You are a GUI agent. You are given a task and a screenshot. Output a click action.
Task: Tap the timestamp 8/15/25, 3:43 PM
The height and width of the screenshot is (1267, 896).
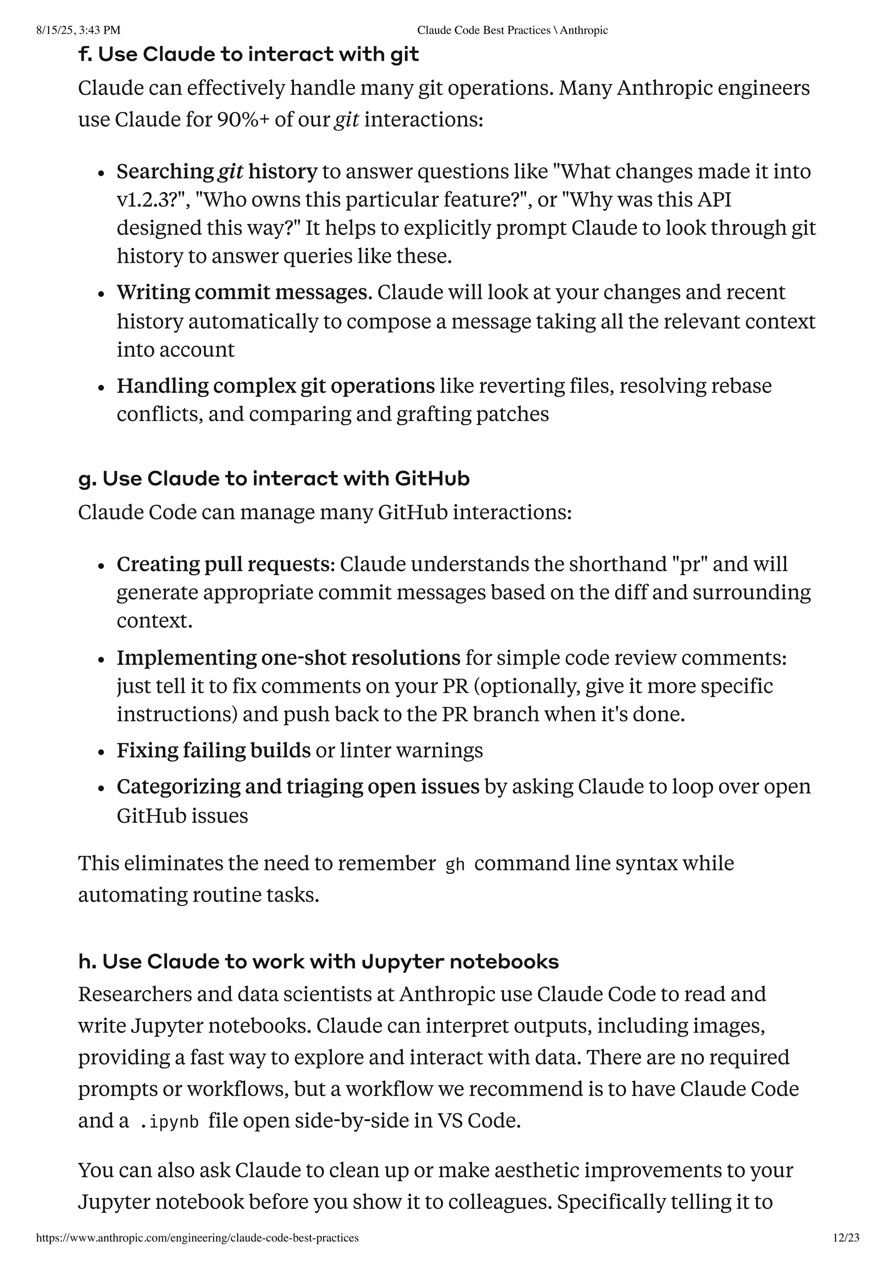pyautogui.click(x=78, y=30)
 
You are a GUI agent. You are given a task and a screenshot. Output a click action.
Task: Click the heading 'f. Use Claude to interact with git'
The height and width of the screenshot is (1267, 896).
pyautogui.click(x=248, y=55)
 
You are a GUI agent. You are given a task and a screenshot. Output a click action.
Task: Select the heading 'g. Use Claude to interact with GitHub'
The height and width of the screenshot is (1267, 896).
pyautogui.click(x=274, y=478)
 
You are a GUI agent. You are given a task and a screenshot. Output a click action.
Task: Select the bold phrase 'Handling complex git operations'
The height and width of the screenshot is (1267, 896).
pyautogui.click(x=276, y=386)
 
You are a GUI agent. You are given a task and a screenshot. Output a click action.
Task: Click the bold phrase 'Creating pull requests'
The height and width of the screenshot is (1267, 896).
pyautogui.click(x=225, y=564)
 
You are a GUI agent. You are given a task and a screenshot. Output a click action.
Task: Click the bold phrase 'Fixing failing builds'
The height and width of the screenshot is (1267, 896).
pyautogui.click(x=213, y=751)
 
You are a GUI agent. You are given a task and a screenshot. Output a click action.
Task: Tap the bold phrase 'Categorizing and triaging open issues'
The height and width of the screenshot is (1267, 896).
pyautogui.click(x=297, y=787)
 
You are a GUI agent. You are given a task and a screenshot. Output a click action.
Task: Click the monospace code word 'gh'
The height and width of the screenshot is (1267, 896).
pyautogui.click(x=455, y=865)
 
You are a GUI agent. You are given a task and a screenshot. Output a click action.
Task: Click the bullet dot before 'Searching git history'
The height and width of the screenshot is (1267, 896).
pyautogui.click(x=101, y=173)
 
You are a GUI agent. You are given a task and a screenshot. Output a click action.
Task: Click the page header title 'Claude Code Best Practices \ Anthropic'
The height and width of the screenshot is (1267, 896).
pyautogui.click(x=512, y=30)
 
